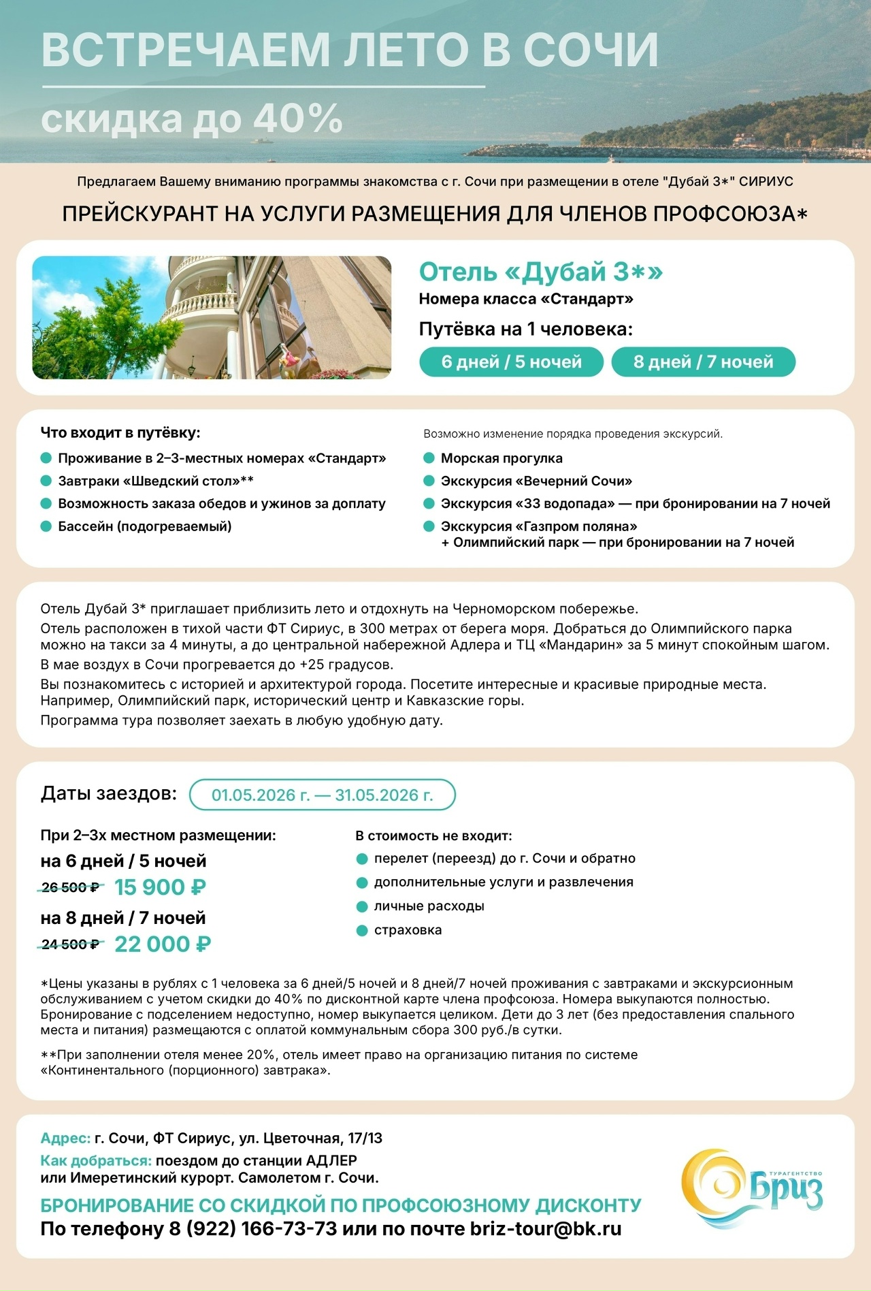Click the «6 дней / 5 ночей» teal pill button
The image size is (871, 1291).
[x=511, y=362]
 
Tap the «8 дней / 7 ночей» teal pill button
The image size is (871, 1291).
[x=703, y=362]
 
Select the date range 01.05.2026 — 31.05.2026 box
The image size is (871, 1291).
[x=322, y=795]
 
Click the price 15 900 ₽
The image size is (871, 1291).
[x=160, y=887]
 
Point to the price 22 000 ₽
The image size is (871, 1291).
[x=163, y=944]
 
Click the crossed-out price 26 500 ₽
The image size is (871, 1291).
[x=70, y=887]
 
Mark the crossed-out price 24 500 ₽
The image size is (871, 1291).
[x=70, y=944]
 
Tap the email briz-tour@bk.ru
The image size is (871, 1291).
[x=546, y=1229]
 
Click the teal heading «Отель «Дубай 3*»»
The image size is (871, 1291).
[x=540, y=272]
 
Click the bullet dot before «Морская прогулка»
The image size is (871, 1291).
[x=429, y=458]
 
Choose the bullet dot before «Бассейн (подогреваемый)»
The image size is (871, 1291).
[x=46, y=526]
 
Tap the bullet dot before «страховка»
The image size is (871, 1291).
[x=362, y=930]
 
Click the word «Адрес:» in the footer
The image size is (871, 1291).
[x=65, y=1138]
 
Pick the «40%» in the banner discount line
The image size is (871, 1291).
[x=297, y=118]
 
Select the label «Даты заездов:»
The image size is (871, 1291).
[x=109, y=793]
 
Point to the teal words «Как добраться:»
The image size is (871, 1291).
[x=96, y=1160]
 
